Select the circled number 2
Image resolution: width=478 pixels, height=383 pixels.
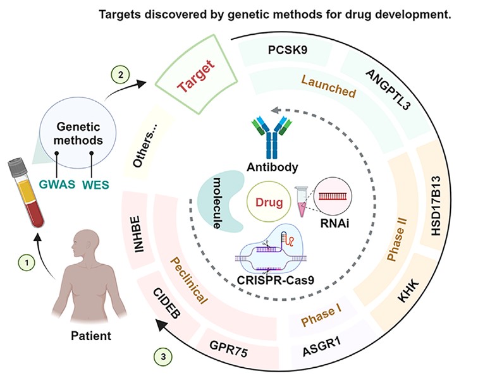[x=118, y=75]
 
